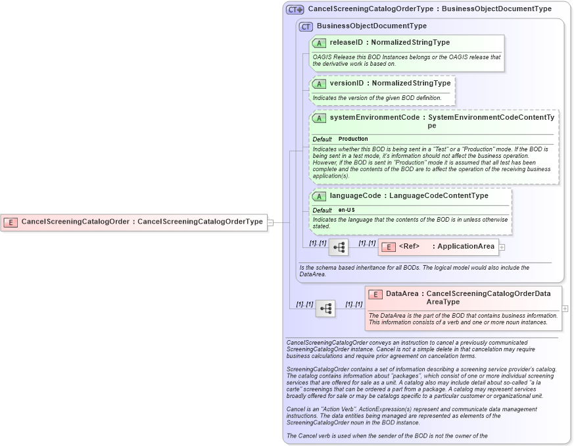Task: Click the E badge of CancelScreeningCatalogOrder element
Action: [11, 222]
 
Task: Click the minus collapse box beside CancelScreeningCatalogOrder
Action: [270, 222]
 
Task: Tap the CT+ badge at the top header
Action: [295, 10]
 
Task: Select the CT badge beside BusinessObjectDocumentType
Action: [306, 27]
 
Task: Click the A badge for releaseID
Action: [319, 43]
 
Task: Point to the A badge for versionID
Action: [319, 84]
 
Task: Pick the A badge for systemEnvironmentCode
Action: [319, 118]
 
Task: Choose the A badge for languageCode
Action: [319, 196]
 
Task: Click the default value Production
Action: [353, 139]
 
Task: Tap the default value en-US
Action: [347, 210]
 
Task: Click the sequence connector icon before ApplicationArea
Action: [339, 247]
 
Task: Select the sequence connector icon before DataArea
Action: [325, 308]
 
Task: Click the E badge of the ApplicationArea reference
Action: [388, 247]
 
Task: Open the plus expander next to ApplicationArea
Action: [502, 247]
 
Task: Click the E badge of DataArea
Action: [375, 295]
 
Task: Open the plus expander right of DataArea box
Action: [565, 308]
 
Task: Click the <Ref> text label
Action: [409, 247]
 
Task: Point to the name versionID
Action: [346, 84]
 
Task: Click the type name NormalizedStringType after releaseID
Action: [410, 42]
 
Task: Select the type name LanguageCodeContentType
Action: [439, 195]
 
